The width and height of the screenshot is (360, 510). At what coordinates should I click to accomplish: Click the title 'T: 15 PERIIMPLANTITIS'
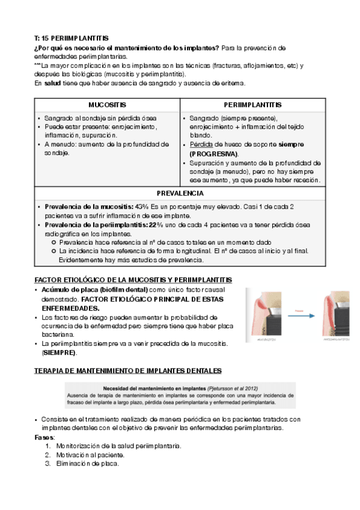(72, 38)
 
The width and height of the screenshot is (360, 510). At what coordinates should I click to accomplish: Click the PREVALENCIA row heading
(180, 194)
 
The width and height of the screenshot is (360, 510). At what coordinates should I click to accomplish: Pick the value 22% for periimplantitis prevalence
(156, 225)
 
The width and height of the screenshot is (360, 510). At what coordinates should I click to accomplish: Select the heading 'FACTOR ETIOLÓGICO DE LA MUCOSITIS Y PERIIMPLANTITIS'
(133, 281)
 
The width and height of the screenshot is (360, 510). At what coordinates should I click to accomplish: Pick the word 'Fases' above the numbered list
(44, 437)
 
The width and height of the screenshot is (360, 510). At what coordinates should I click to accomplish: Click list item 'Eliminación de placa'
(87, 464)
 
